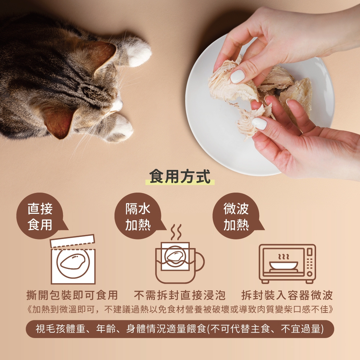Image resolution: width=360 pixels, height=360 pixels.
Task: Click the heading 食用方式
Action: [180, 177]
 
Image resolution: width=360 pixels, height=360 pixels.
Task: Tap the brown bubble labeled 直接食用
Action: [40, 216]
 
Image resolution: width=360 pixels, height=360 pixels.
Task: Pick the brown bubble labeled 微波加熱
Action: [236, 216]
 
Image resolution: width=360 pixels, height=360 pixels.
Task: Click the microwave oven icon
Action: [287, 264]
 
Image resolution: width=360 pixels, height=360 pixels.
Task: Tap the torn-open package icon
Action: [73, 260]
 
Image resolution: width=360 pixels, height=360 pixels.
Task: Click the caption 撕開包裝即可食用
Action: [72, 295]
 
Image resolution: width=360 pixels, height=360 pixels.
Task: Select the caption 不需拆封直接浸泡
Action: [180, 295]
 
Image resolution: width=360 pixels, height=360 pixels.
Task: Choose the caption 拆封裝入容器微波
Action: [287, 295]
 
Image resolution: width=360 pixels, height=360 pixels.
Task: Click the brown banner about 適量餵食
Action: [180, 329]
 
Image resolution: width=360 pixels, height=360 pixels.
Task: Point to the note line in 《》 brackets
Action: [180, 310]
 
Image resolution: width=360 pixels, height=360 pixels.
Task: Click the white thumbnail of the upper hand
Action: [237, 76]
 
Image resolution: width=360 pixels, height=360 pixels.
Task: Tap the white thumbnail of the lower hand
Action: [259, 123]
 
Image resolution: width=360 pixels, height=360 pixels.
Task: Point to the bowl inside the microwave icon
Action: [284, 266]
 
